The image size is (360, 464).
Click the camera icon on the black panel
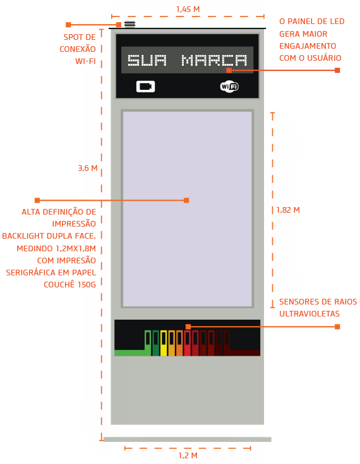(x=146, y=87)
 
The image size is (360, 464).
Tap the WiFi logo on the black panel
(x=229, y=87)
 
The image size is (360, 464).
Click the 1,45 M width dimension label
(x=188, y=9)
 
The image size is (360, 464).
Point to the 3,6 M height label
(x=88, y=168)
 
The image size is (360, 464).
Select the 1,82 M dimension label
(x=288, y=210)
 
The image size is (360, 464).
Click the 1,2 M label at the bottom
(x=188, y=455)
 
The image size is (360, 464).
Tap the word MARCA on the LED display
(x=214, y=60)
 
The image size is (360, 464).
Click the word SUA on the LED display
(x=147, y=60)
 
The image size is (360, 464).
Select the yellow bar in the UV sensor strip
(x=164, y=343)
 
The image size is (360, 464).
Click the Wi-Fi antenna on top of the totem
(x=129, y=24)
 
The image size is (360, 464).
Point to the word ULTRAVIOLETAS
(x=309, y=314)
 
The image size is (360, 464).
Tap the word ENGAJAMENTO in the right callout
(x=308, y=46)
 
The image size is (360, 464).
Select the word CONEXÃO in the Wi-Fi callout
(x=78, y=49)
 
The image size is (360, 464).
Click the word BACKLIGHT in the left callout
(x=23, y=236)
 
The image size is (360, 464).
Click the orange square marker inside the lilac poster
(x=186, y=200)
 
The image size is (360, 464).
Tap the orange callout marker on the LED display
(x=229, y=70)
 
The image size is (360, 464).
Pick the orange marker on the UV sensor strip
(x=188, y=327)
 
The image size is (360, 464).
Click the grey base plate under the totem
(x=187, y=439)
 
